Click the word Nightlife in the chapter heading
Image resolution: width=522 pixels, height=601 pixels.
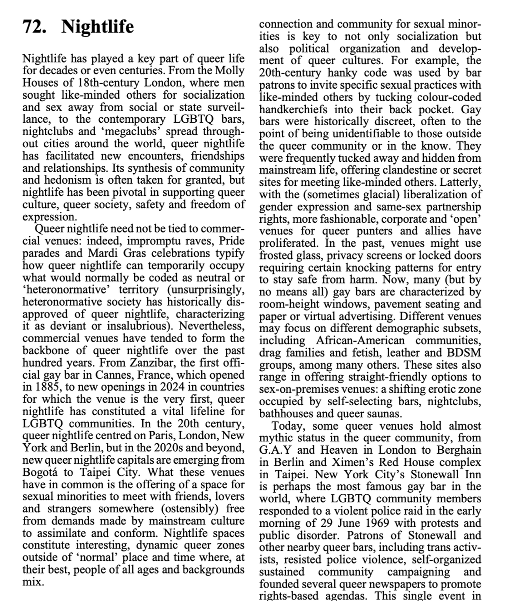(97, 26)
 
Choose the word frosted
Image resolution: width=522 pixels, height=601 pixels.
(277, 256)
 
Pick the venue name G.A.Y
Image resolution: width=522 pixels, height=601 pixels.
(275, 450)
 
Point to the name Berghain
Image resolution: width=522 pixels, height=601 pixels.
(458, 450)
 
